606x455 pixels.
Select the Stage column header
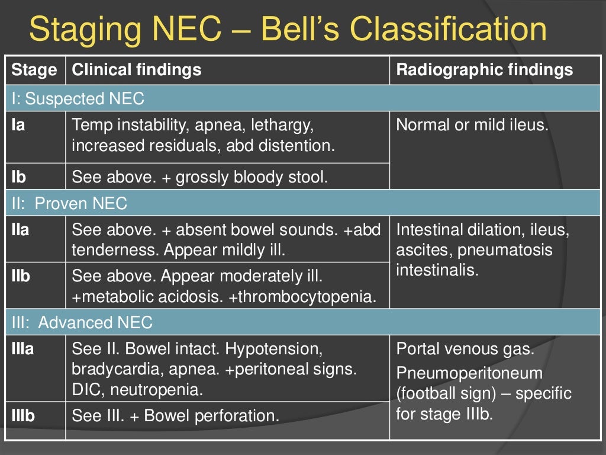click(34, 70)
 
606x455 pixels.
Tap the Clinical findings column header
click(136, 70)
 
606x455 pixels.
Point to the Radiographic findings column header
click(484, 70)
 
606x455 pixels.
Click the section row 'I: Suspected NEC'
click(78, 98)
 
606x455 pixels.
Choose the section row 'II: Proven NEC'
click(70, 204)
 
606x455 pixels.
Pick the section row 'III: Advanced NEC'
click(82, 322)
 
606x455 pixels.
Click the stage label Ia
click(18, 126)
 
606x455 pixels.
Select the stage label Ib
click(18, 177)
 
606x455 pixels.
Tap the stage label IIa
click(20, 230)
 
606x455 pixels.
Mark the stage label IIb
click(21, 276)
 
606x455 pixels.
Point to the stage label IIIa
click(22, 349)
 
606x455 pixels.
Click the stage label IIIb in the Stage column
click(23, 416)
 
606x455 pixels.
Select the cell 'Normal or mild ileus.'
click(472, 126)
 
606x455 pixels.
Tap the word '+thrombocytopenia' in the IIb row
click(302, 297)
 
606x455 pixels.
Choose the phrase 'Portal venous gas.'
click(465, 349)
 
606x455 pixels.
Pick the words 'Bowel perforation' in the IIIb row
click(211, 416)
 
